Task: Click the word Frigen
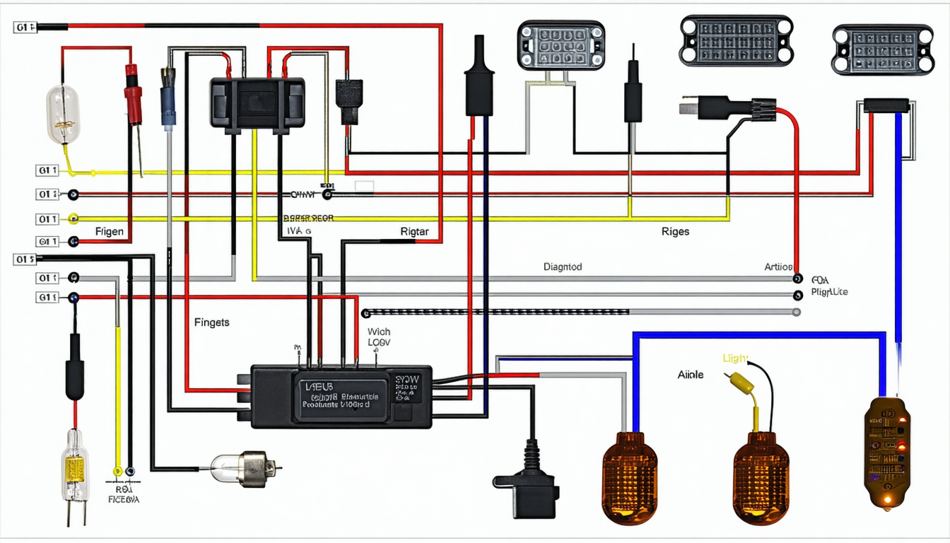109,231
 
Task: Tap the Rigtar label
414,231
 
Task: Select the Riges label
675,231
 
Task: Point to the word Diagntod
563,267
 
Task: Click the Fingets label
211,322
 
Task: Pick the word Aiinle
690,375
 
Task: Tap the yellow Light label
735,359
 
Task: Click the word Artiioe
778,267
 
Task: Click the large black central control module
342,396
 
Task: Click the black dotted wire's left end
365,313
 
